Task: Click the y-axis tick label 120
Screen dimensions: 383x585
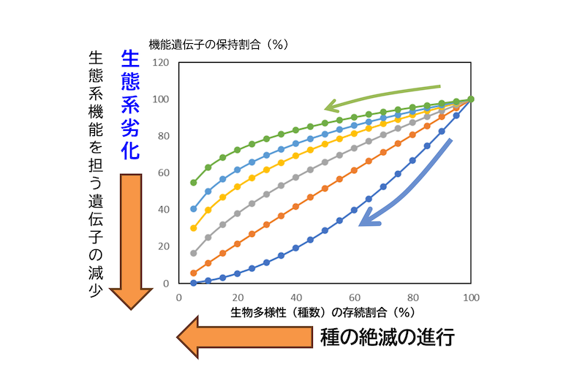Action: (161, 63)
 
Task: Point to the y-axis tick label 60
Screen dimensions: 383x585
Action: (163, 172)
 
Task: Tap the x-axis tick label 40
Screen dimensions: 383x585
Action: (295, 297)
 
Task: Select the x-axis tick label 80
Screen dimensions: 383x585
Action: (412, 297)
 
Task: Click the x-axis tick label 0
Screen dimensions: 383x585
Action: (179, 297)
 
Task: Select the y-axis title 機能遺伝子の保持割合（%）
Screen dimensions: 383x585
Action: (219, 45)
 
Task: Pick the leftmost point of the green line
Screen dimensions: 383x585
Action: (194, 182)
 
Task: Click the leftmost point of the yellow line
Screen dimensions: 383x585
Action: (194, 228)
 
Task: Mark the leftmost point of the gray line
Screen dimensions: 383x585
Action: (194, 253)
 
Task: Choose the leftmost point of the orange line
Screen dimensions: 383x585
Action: (194, 273)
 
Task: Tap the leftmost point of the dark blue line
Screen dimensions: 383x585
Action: (194, 282)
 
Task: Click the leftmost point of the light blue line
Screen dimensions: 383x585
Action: (194, 209)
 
